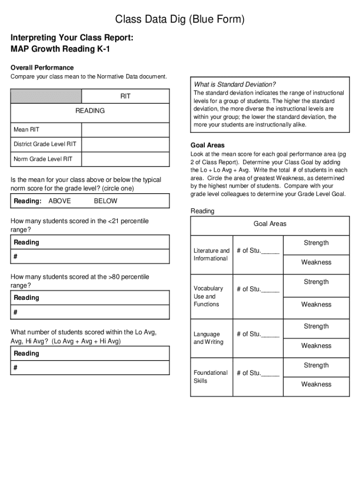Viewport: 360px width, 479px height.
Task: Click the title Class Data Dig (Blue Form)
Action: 180,19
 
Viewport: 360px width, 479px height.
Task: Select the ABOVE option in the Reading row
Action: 60,201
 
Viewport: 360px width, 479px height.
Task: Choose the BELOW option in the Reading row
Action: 106,201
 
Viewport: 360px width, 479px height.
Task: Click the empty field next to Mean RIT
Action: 125,130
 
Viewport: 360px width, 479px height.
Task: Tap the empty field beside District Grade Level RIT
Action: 125,144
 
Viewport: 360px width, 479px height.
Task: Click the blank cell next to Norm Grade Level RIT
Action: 125,159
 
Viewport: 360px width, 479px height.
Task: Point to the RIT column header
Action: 125,96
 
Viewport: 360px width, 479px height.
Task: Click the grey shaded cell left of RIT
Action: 46,96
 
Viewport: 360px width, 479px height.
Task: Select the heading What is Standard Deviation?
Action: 235,85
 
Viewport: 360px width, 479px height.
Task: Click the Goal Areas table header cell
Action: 270,224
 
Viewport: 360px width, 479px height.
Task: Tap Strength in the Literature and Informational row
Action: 316,243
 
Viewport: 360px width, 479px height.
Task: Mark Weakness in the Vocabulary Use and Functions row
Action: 316,305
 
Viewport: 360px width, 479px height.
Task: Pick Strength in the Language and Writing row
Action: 316,327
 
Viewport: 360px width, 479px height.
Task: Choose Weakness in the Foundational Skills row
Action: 316,385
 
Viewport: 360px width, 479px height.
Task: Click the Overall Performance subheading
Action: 42,68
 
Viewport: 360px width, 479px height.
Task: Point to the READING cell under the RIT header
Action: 90,111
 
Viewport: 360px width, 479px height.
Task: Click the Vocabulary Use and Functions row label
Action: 208,296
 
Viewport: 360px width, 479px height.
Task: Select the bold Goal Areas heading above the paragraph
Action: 208,145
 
